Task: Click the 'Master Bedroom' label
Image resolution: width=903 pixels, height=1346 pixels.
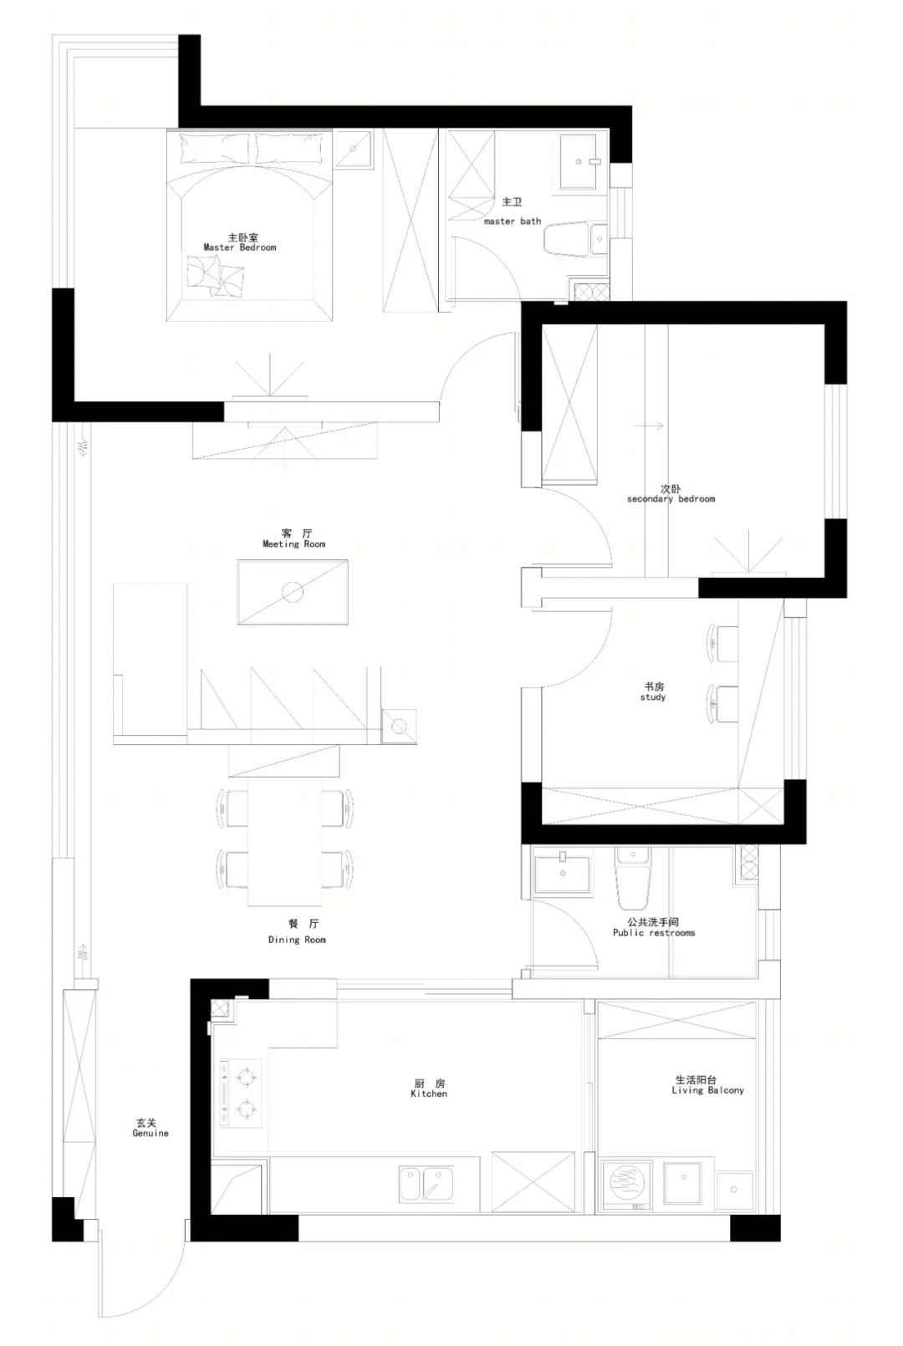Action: pyautogui.click(x=240, y=247)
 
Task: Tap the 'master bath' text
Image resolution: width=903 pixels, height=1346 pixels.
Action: pyautogui.click(x=513, y=221)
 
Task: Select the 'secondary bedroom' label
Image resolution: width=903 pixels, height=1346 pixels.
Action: pyautogui.click(x=671, y=499)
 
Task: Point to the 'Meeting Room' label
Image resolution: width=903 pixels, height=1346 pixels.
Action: pyautogui.click(x=293, y=543)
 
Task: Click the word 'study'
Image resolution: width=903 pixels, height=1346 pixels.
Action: pyautogui.click(x=653, y=697)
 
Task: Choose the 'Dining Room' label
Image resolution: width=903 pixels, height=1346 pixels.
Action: pyautogui.click(x=297, y=940)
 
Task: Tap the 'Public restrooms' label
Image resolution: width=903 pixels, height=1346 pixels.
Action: pyautogui.click(x=654, y=933)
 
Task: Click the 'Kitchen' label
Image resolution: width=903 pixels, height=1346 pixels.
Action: pyautogui.click(x=429, y=1094)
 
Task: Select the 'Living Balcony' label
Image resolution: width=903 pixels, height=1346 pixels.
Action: pyautogui.click(x=707, y=1090)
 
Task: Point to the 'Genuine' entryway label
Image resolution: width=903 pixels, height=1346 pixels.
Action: pyautogui.click(x=150, y=1133)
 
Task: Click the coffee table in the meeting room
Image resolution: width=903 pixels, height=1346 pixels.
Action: pyautogui.click(x=293, y=592)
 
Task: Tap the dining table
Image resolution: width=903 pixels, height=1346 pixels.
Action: pyautogui.click(x=284, y=841)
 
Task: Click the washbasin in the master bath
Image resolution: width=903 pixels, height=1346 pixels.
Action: pyautogui.click(x=579, y=161)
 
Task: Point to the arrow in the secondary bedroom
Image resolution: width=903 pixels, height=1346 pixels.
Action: pyautogui.click(x=648, y=426)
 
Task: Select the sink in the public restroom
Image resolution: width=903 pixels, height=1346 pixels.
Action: pyautogui.click(x=563, y=873)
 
